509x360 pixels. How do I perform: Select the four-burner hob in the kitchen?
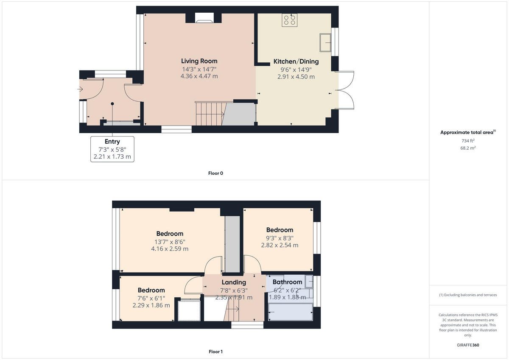(290, 20)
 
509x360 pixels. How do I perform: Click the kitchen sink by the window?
(325, 42)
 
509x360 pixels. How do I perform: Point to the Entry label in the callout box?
(112, 142)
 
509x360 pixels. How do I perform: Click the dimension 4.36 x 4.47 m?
(199, 76)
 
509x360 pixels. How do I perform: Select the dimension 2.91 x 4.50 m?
(296, 77)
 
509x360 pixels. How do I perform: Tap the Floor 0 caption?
(215, 173)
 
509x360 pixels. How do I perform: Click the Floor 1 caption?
(215, 352)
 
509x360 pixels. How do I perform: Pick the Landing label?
(234, 282)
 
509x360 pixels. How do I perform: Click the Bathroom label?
(287, 282)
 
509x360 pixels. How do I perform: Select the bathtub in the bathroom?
(291, 312)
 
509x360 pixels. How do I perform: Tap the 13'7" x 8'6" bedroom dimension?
(170, 242)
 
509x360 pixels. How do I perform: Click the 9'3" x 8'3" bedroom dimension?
(280, 238)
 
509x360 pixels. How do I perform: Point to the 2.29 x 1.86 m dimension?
(151, 305)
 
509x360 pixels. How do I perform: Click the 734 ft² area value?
(468, 140)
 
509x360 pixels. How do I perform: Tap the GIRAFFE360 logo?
(468, 345)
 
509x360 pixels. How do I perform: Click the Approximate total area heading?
(467, 132)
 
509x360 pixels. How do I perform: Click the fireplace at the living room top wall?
(204, 17)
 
